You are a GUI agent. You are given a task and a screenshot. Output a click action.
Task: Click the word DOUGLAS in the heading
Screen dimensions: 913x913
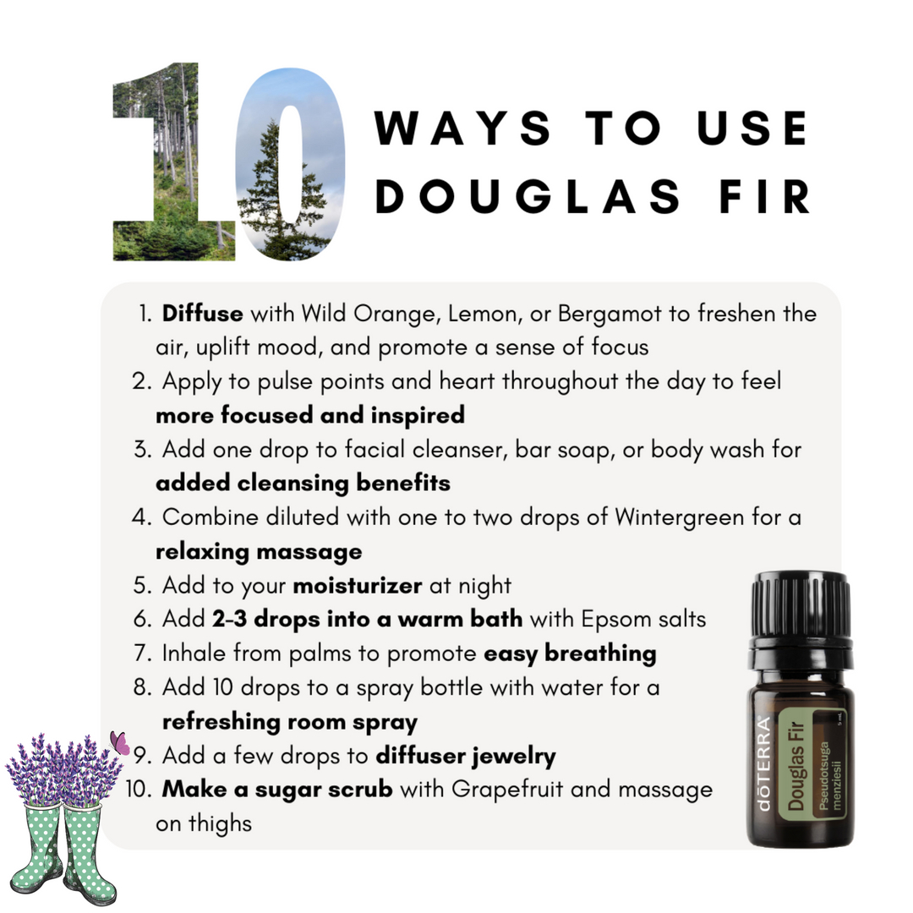[528, 196]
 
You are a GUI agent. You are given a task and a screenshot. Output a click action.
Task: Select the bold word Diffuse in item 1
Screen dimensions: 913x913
[202, 314]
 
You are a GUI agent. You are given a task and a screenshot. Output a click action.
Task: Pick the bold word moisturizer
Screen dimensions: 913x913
[358, 585]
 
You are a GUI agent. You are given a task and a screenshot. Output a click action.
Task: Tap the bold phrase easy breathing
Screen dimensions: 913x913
[570, 653]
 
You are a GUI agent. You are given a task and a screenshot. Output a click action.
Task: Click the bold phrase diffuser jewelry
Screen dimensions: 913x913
[466, 756]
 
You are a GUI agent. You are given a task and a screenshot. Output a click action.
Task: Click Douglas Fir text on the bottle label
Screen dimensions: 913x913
[795, 766]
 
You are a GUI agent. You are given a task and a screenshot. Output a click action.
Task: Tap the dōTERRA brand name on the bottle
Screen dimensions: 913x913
[763, 764]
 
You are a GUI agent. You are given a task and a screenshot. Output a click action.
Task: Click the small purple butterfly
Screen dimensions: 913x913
[120, 743]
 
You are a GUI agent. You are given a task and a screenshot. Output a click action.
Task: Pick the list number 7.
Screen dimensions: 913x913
[143, 653]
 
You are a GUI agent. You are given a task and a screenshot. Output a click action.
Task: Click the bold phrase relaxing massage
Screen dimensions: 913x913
[259, 551]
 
